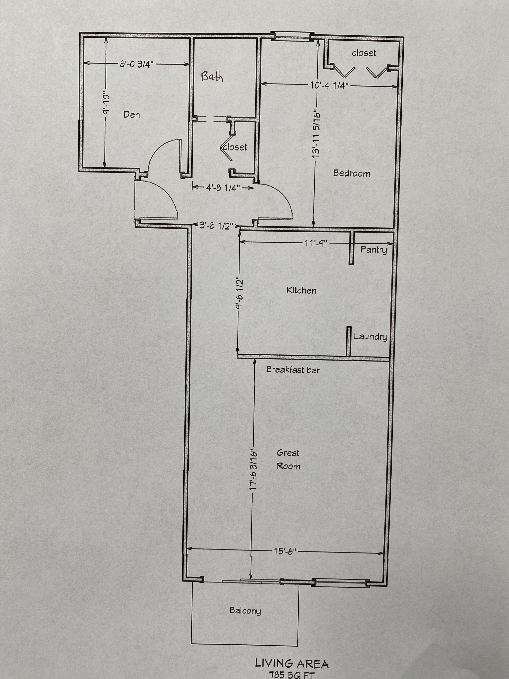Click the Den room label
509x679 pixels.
(x=132, y=115)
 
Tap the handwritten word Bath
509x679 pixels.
(x=212, y=77)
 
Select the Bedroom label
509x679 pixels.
(x=352, y=173)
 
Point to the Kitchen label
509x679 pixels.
(x=301, y=290)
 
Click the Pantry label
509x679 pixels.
(x=373, y=250)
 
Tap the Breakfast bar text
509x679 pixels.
(x=293, y=370)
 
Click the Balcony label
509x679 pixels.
(x=245, y=611)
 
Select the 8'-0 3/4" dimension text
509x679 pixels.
(x=137, y=64)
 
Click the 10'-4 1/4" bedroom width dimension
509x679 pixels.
(x=329, y=85)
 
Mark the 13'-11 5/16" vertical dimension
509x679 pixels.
(x=316, y=134)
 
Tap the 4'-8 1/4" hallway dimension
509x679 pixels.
(x=223, y=188)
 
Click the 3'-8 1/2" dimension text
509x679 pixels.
(x=216, y=226)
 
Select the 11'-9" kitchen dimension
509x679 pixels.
(x=316, y=243)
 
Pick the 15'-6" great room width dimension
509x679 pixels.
(x=285, y=551)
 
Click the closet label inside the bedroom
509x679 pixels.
(x=364, y=53)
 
